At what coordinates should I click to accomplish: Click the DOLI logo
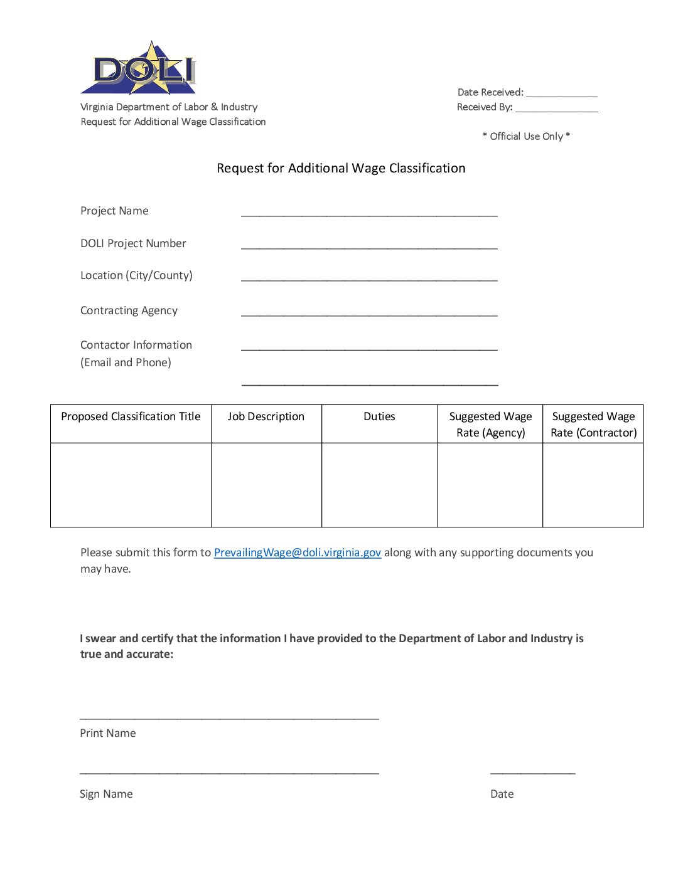[139, 68]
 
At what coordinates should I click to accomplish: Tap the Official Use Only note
[526, 136]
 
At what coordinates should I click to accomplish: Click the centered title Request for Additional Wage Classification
[341, 168]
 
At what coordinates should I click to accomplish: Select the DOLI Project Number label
[133, 243]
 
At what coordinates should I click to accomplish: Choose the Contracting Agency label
[129, 310]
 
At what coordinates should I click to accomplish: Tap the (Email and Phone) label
[126, 362]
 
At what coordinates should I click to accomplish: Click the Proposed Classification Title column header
[131, 416]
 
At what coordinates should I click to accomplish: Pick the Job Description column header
[266, 416]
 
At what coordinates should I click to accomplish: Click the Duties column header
[379, 416]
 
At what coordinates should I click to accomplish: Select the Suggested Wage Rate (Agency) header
[490, 425]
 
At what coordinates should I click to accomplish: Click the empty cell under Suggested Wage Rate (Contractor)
[593, 485]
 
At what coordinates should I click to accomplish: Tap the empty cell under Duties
[379, 485]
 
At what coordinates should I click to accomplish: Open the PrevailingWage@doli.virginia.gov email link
[298, 553]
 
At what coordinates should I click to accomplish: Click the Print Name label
[108, 733]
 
